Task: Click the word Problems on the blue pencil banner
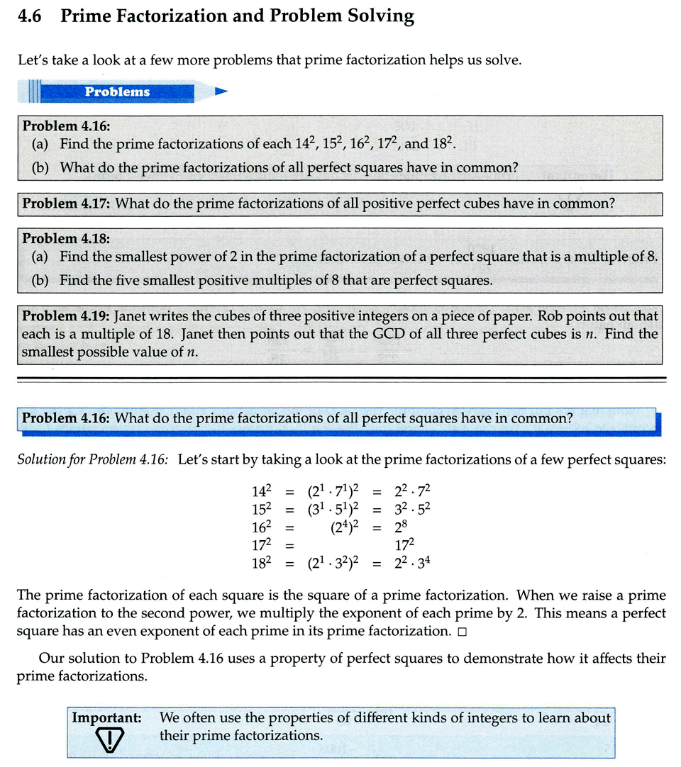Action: (x=117, y=91)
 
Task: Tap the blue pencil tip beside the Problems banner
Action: (x=221, y=91)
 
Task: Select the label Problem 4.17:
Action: (x=67, y=204)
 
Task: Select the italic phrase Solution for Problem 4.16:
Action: (x=93, y=459)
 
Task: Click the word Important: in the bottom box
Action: (x=106, y=718)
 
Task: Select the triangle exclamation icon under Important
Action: (x=108, y=741)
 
